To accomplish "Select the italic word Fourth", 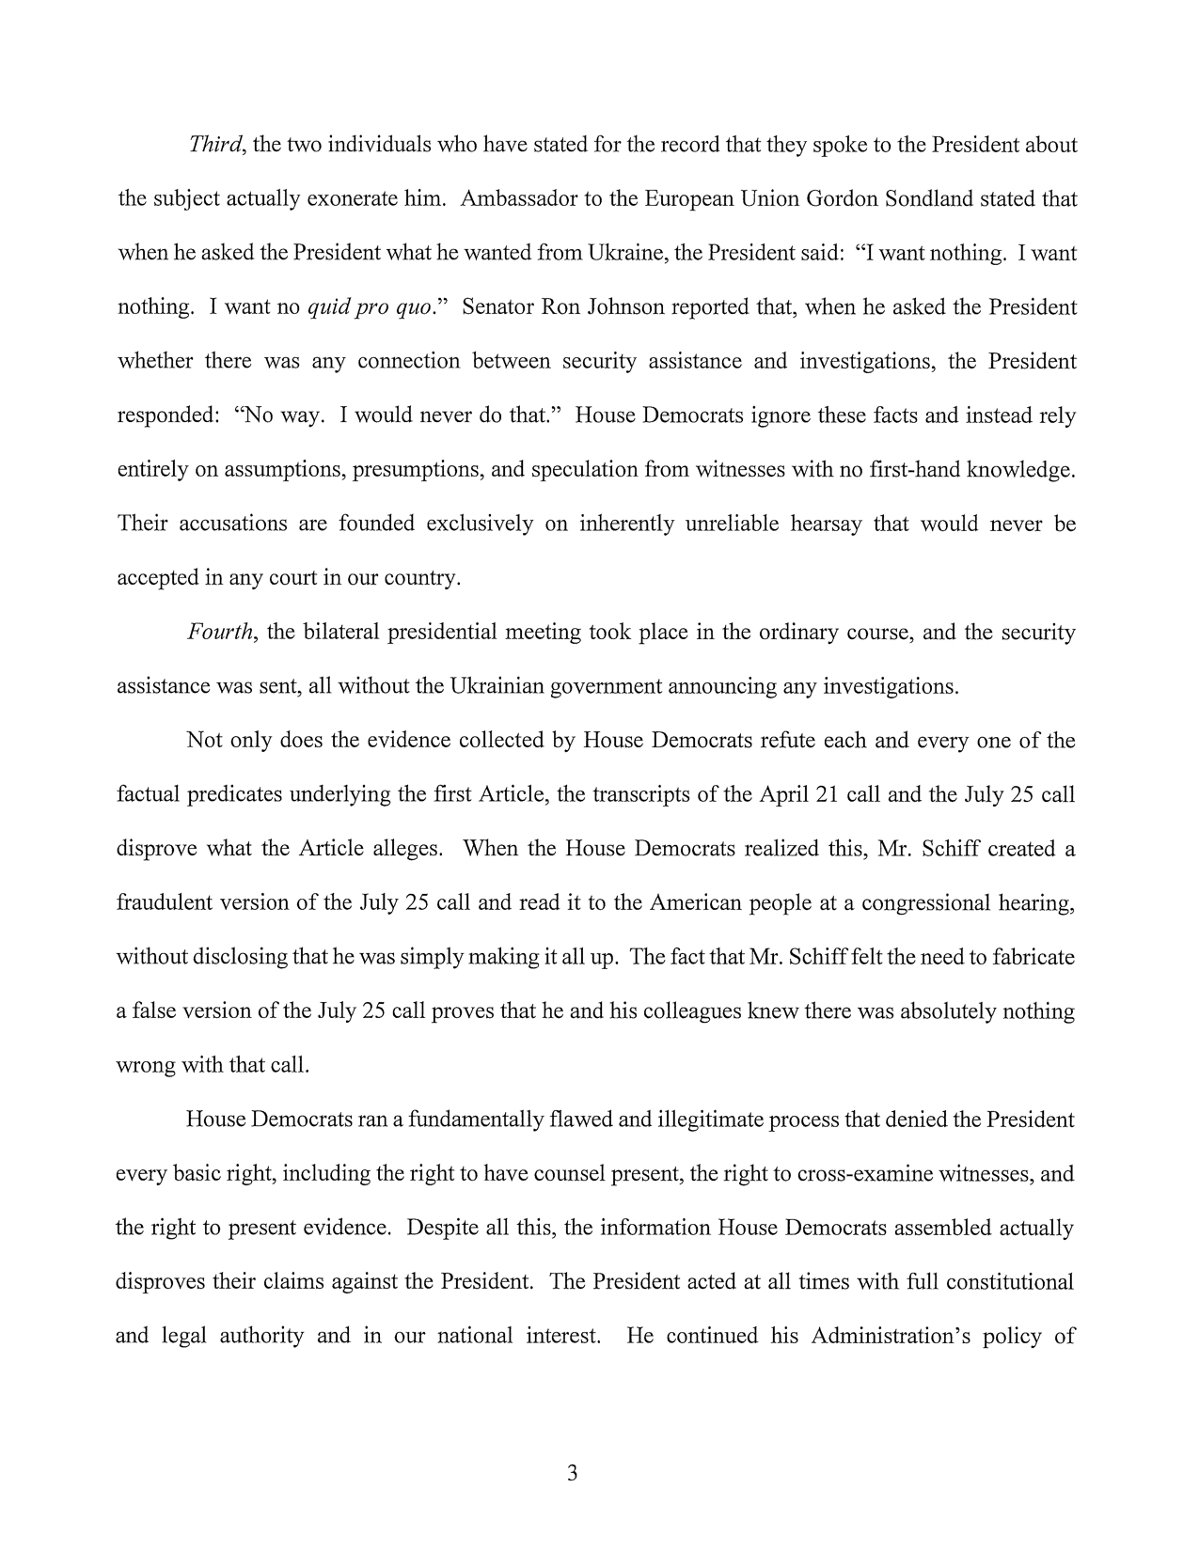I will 221,632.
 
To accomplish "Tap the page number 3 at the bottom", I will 572,1473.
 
